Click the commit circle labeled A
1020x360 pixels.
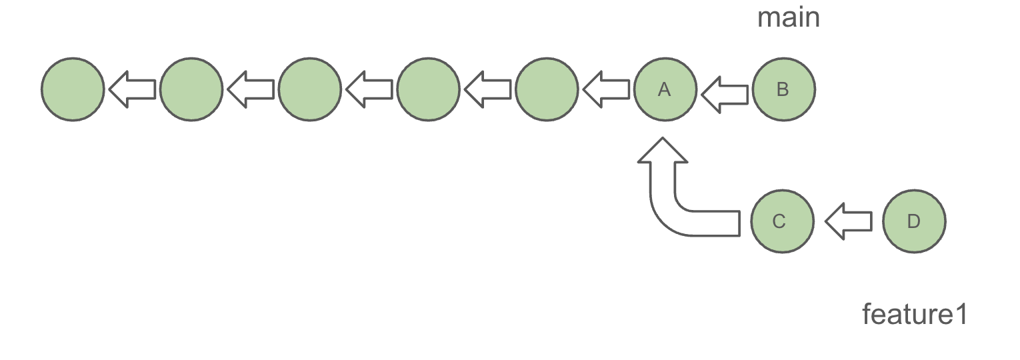point(665,89)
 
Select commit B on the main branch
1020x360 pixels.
point(783,89)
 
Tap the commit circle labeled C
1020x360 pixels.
point(782,221)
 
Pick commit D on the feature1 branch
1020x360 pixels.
point(913,221)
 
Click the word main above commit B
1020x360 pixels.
point(788,18)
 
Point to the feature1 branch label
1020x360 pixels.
point(914,314)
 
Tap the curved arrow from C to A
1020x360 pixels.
point(673,207)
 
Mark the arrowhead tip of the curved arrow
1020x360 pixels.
point(663,140)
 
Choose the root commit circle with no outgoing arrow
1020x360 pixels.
point(73,89)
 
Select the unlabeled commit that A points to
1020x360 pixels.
point(547,89)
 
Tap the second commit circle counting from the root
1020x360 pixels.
point(191,89)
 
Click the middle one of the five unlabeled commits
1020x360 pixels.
point(310,89)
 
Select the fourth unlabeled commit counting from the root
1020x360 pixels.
point(428,89)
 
